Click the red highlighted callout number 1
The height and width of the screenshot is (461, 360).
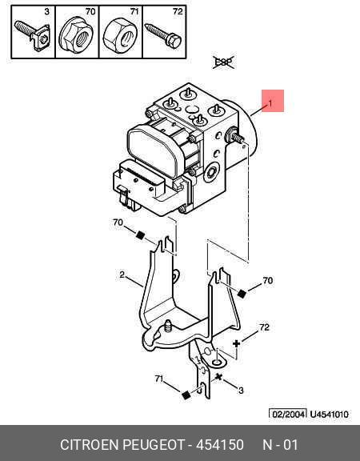point(270,103)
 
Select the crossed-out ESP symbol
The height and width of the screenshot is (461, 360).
point(224,62)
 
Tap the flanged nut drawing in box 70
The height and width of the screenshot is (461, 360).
point(77,35)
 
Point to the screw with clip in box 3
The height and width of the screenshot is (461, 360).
point(32,35)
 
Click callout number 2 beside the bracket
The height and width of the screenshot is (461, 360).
point(122,275)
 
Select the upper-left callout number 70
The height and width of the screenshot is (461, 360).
point(118,222)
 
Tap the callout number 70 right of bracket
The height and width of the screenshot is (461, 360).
point(267,280)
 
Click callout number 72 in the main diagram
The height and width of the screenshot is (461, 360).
point(264,327)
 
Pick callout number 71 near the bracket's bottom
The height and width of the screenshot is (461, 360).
point(159,379)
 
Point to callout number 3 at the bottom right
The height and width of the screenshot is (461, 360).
point(241,391)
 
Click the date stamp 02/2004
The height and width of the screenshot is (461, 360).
point(288,415)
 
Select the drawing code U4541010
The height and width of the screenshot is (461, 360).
point(330,415)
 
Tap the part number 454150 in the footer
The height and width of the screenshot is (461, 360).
point(220,444)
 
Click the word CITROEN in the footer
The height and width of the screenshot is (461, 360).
point(89,444)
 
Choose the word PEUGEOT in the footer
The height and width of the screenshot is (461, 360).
point(154,444)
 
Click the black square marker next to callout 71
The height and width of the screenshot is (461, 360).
point(186,395)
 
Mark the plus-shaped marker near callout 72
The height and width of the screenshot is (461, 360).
point(236,343)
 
